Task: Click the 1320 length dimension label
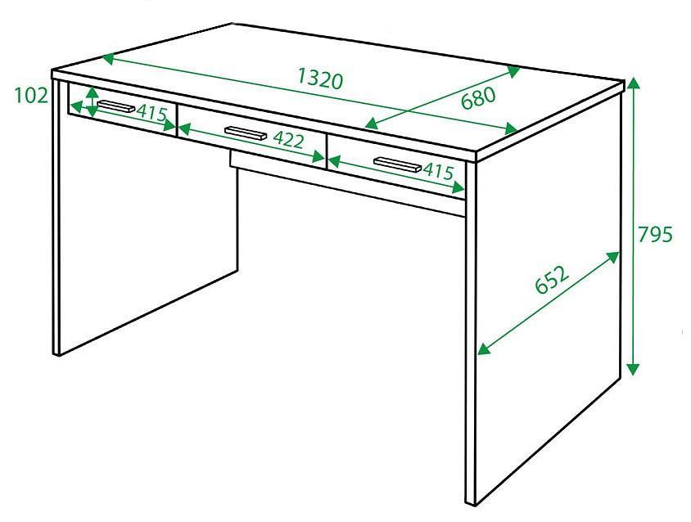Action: (320, 79)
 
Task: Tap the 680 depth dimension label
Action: (478, 98)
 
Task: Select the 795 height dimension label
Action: (655, 234)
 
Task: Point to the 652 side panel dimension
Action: (552, 279)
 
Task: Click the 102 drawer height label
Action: (31, 95)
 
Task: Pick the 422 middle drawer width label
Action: (289, 140)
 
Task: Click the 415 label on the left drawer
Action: (152, 113)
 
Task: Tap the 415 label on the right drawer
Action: (439, 171)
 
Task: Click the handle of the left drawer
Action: (116, 106)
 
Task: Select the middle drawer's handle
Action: (246, 133)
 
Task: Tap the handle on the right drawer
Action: (398, 164)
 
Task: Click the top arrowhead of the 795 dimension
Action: (633, 83)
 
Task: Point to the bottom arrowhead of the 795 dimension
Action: (633, 369)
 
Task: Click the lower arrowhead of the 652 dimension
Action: (485, 349)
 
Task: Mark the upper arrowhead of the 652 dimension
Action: (613, 257)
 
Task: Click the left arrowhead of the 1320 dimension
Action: (108, 59)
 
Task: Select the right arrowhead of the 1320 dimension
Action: (511, 128)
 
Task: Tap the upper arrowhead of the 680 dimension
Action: (514, 71)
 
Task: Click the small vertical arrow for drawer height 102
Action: (92, 101)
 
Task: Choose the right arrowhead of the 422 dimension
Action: (318, 157)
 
